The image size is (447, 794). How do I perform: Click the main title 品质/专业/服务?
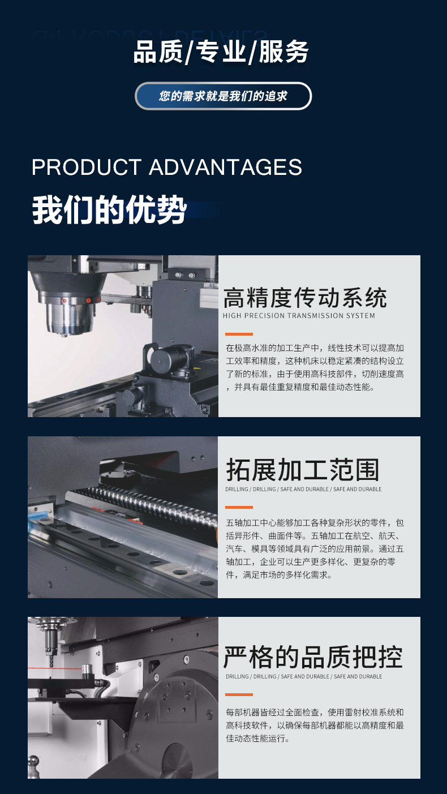click(221, 52)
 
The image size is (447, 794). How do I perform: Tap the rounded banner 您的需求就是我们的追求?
click(223, 96)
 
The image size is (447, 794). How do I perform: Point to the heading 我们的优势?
click(109, 210)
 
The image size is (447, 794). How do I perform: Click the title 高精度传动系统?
click(305, 298)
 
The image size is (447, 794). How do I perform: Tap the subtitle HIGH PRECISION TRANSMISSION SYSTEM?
click(299, 316)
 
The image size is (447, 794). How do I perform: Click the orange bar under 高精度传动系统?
click(239, 334)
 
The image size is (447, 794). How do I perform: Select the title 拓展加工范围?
click(302, 470)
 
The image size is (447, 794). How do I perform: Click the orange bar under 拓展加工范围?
click(239, 507)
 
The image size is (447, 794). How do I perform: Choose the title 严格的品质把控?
click(313, 657)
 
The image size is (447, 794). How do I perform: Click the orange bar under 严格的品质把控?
click(239, 694)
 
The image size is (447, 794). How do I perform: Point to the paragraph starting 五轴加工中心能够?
click(315, 548)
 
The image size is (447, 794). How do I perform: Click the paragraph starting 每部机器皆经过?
click(315, 726)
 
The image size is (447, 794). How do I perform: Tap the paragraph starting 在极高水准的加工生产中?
click(315, 368)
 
